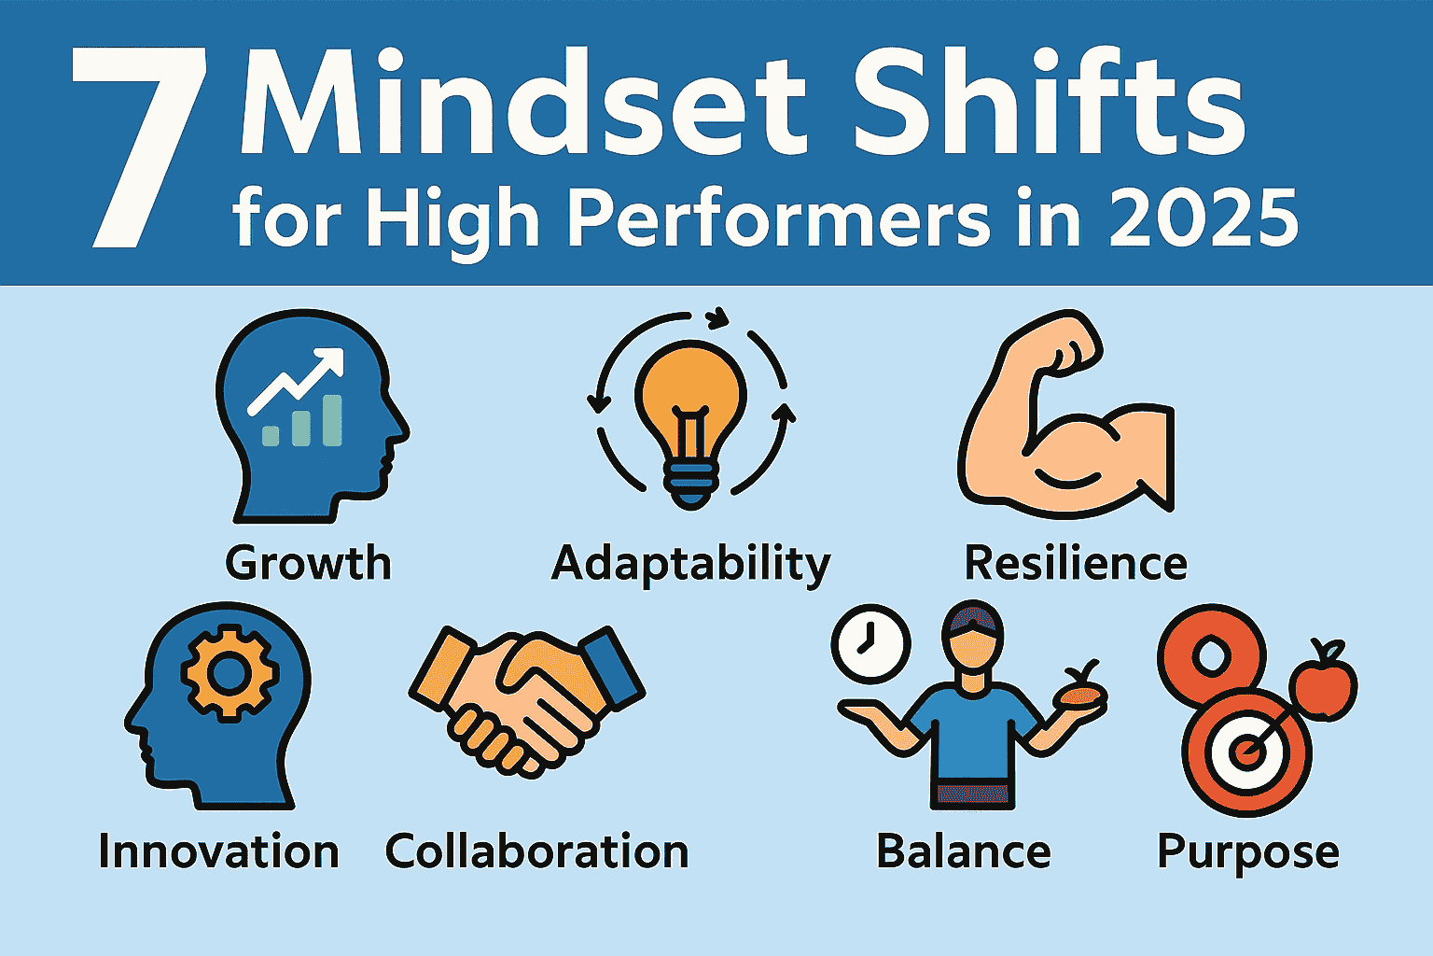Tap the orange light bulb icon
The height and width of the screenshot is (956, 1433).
690,411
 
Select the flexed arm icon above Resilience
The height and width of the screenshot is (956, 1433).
1064,420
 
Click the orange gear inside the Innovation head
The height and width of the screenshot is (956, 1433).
230,672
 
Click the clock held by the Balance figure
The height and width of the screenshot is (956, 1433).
870,644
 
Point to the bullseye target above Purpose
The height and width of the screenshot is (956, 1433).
1246,752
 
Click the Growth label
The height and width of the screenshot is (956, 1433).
308,564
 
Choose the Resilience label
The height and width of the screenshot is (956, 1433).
1075,564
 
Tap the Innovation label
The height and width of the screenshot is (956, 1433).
218,852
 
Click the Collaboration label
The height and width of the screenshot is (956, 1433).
536,852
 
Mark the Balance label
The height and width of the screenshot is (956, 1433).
963,852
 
